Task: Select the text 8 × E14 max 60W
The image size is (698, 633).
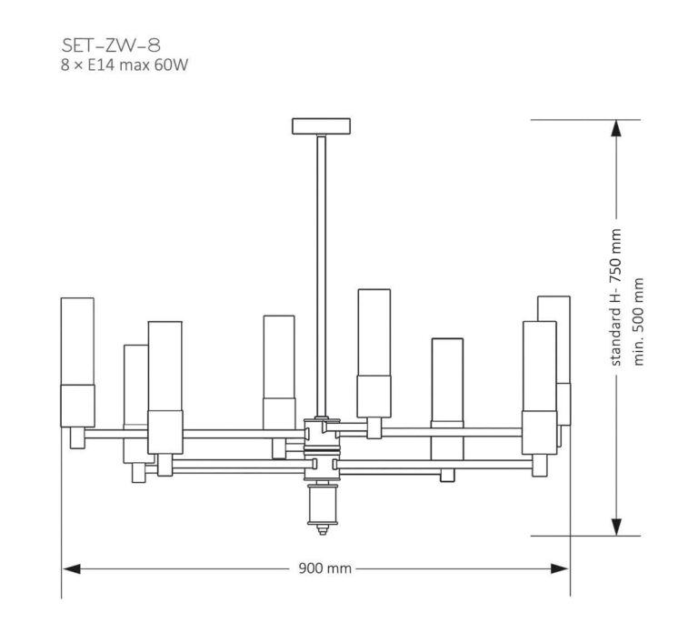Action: point(123,65)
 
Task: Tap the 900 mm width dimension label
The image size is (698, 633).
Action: point(324,568)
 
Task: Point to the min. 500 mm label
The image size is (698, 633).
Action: point(639,321)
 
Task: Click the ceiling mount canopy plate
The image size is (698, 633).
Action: point(321,126)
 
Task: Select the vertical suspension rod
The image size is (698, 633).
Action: point(321,273)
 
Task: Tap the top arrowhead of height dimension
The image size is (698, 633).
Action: point(616,129)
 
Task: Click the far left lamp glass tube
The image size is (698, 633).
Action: point(77,341)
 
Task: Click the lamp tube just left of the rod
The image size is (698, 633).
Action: point(278,359)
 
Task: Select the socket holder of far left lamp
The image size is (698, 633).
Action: point(77,406)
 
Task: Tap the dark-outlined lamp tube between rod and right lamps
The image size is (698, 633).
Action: point(446,382)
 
